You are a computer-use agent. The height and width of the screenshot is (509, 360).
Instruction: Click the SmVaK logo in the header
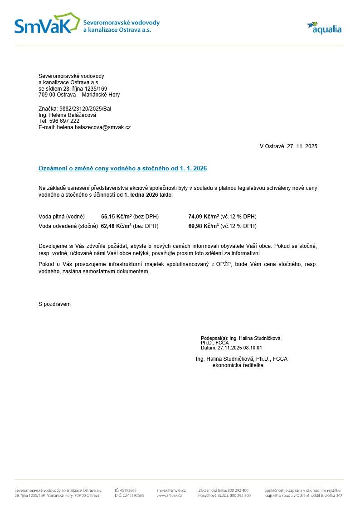(43, 25)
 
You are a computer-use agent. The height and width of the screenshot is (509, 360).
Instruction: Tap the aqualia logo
(324, 28)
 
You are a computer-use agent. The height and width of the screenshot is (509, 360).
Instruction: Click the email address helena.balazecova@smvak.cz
(93, 128)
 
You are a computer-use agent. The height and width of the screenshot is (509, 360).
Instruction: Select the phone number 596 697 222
(64, 121)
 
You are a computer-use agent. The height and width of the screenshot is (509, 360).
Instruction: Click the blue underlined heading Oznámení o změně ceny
(122, 169)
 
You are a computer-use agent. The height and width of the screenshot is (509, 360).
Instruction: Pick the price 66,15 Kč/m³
(116, 217)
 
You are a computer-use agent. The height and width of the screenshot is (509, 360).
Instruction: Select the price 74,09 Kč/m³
(203, 217)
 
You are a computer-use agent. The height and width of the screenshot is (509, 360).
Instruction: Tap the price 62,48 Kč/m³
(116, 226)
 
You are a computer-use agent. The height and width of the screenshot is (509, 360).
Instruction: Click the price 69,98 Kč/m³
(203, 226)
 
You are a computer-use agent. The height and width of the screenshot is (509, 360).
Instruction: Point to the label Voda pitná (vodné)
(62, 217)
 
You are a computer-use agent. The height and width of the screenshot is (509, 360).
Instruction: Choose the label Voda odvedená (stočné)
(68, 226)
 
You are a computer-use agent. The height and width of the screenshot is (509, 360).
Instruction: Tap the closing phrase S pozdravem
(54, 304)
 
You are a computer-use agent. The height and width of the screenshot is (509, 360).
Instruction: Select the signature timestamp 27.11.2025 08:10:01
(240, 348)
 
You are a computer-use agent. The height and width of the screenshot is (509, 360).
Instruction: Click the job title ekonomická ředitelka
(238, 365)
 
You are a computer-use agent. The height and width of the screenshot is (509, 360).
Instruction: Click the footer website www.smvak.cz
(169, 496)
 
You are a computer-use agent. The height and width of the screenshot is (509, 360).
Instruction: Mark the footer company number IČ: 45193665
(126, 490)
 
